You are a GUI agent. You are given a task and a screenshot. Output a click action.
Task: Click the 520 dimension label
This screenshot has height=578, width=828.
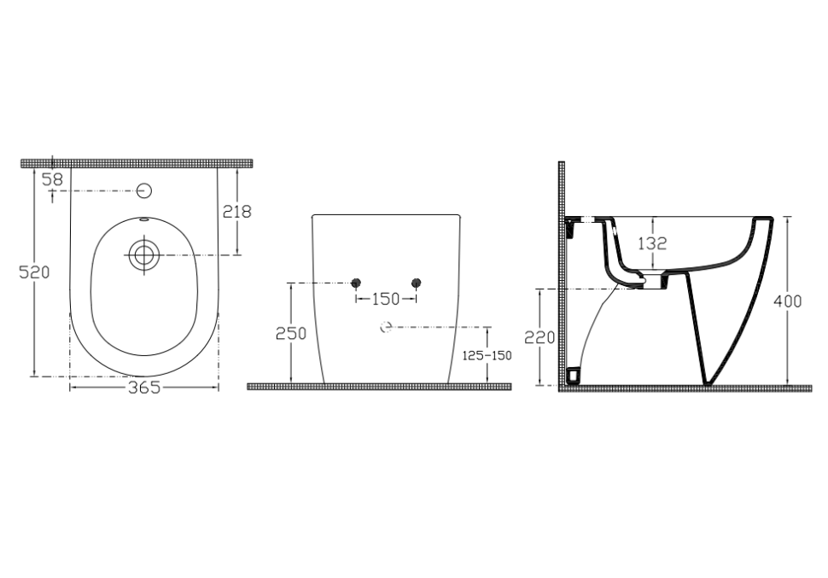(x=34, y=272)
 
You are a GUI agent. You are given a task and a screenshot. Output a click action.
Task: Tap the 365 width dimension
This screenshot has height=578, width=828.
(x=144, y=388)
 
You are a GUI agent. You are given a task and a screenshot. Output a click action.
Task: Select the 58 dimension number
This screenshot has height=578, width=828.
(x=53, y=179)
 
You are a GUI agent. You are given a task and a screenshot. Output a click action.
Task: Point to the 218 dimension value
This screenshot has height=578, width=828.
(x=237, y=212)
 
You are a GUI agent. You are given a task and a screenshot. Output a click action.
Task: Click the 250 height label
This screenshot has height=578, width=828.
(x=291, y=333)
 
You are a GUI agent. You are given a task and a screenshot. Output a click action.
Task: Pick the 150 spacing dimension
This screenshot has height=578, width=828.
(x=386, y=299)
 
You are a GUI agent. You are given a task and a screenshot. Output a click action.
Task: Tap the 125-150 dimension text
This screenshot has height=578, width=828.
(x=487, y=355)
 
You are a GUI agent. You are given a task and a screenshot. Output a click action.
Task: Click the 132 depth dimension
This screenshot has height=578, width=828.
(x=652, y=243)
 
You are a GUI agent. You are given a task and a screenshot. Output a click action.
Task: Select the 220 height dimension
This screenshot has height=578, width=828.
(x=539, y=337)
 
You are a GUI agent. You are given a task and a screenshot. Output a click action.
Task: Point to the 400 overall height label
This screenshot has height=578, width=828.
(x=787, y=301)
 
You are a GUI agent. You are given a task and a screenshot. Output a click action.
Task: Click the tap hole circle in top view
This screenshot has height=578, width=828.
(x=144, y=190)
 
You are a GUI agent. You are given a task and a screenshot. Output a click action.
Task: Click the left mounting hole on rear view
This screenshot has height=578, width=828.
(x=356, y=282)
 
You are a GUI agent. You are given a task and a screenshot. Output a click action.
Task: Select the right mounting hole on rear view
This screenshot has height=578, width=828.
(x=416, y=282)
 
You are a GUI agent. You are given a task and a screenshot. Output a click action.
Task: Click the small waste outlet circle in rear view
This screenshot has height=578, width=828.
(x=386, y=327)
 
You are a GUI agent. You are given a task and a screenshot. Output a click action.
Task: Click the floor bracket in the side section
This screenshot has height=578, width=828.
(x=573, y=375)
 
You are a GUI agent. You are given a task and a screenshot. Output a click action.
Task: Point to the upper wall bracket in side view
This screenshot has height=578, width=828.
(x=570, y=227)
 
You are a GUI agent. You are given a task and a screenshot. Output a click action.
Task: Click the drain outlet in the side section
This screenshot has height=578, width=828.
(x=653, y=281)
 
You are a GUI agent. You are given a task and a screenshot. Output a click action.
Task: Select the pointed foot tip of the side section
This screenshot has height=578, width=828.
(x=707, y=384)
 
